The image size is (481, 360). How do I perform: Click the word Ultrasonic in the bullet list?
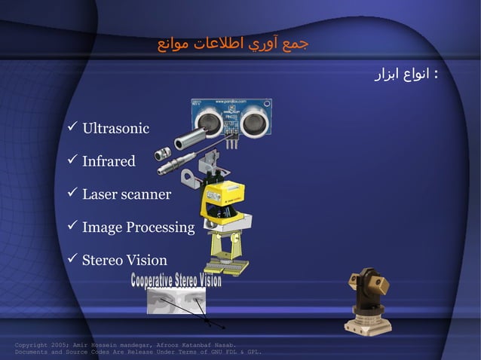[x=115, y=128]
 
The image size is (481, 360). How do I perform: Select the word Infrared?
[x=109, y=161]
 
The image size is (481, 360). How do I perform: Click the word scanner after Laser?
[x=146, y=194]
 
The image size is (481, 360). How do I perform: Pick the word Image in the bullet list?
[x=97, y=227]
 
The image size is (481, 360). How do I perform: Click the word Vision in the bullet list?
[x=146, y=261]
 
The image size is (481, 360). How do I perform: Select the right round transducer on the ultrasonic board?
[x=254, y=119]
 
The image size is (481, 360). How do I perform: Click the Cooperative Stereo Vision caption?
[x=176, y=281]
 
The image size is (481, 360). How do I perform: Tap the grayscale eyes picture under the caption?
[x=175, y=301]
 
